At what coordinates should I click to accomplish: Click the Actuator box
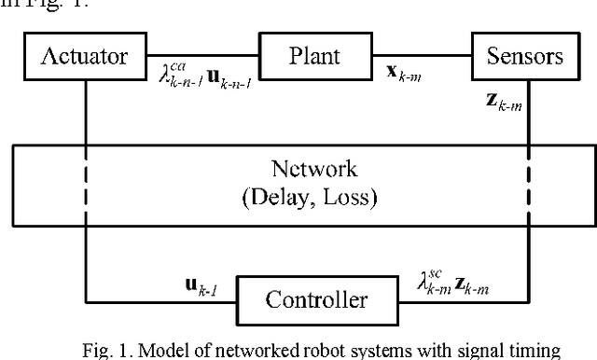point(85,56)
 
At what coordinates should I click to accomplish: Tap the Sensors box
point(524,56)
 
